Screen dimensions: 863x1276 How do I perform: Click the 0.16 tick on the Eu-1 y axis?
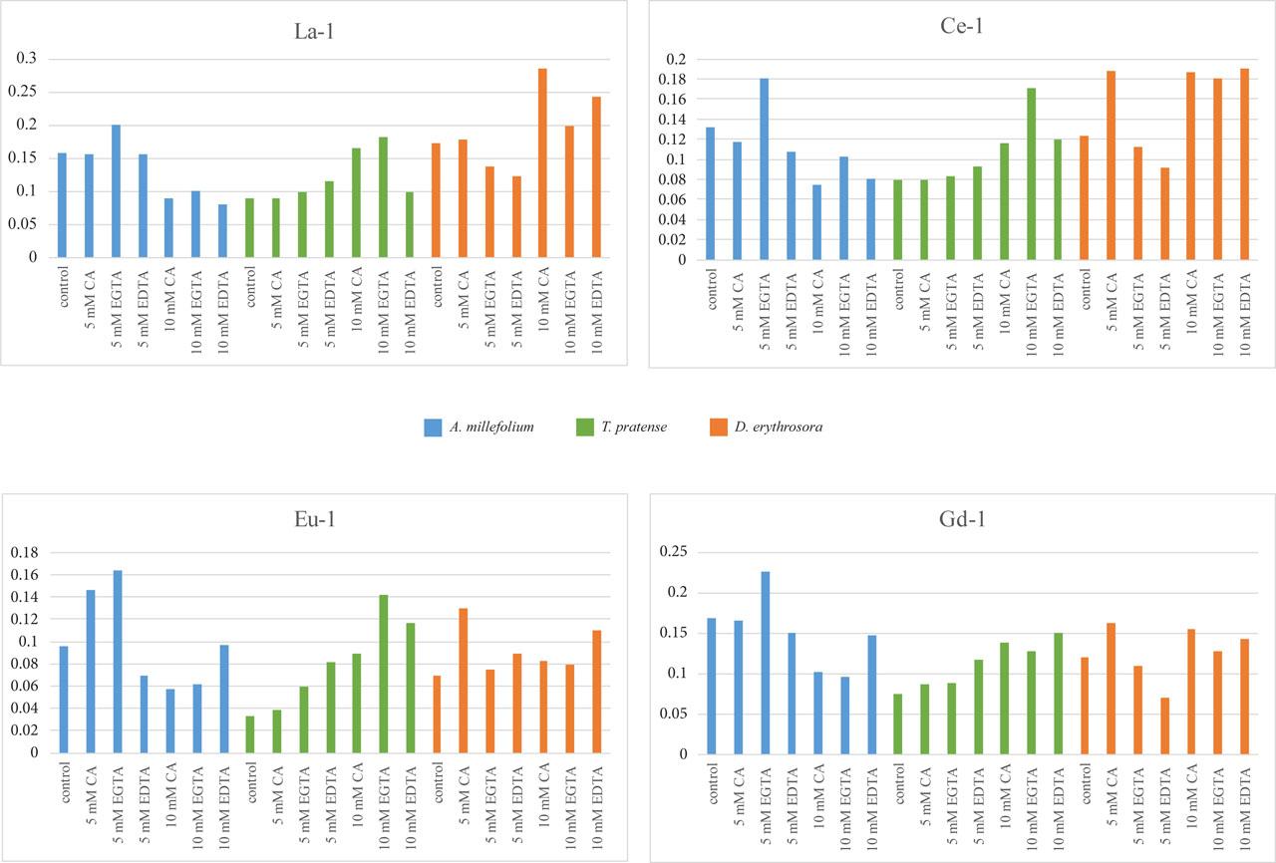pos(24,575)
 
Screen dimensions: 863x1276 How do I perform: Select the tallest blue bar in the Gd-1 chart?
pos(765,663)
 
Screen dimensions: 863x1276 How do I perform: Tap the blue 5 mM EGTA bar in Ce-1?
pos(765,168)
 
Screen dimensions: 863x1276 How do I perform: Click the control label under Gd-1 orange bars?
pos(1085,786)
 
